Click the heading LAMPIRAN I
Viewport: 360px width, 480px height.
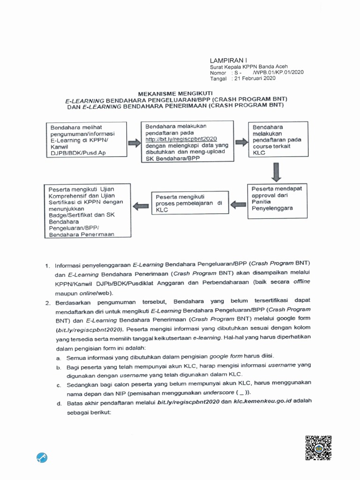[227, 60]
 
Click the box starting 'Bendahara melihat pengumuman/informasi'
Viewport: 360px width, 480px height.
[87, 140]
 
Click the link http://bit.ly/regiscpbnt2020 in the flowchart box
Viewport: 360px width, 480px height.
[181, 139]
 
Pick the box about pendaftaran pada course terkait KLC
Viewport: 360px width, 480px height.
[278, 140]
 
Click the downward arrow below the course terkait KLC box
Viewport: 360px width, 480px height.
[277, 171]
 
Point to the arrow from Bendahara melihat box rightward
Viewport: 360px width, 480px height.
[135, 143]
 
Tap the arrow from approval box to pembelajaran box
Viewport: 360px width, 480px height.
[239, 204]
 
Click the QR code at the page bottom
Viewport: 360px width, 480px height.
[318, 448]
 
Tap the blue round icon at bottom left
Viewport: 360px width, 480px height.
[42, 457]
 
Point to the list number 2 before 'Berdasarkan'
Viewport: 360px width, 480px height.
[48, 302]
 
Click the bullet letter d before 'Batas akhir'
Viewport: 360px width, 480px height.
[59, 403]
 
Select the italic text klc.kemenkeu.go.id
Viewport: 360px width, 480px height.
[262, 402]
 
